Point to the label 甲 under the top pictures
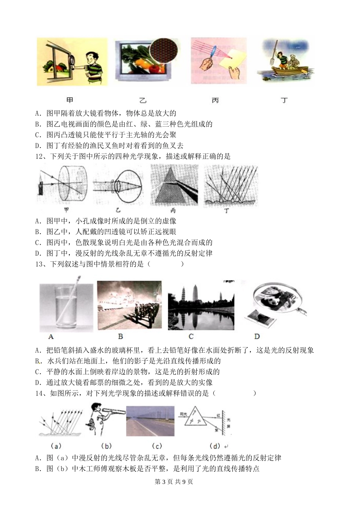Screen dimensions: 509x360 (70, 100)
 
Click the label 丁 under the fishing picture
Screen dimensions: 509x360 (284, 100)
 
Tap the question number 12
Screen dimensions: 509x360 (39, 156)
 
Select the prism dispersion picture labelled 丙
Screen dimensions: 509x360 (174, 185)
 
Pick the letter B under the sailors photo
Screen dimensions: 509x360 (121, 336)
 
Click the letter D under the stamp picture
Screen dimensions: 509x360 (257, 336)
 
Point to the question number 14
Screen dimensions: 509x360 (39, 393)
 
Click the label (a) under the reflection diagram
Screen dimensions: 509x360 (56, 446)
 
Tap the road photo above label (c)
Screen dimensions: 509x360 (150, 421)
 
